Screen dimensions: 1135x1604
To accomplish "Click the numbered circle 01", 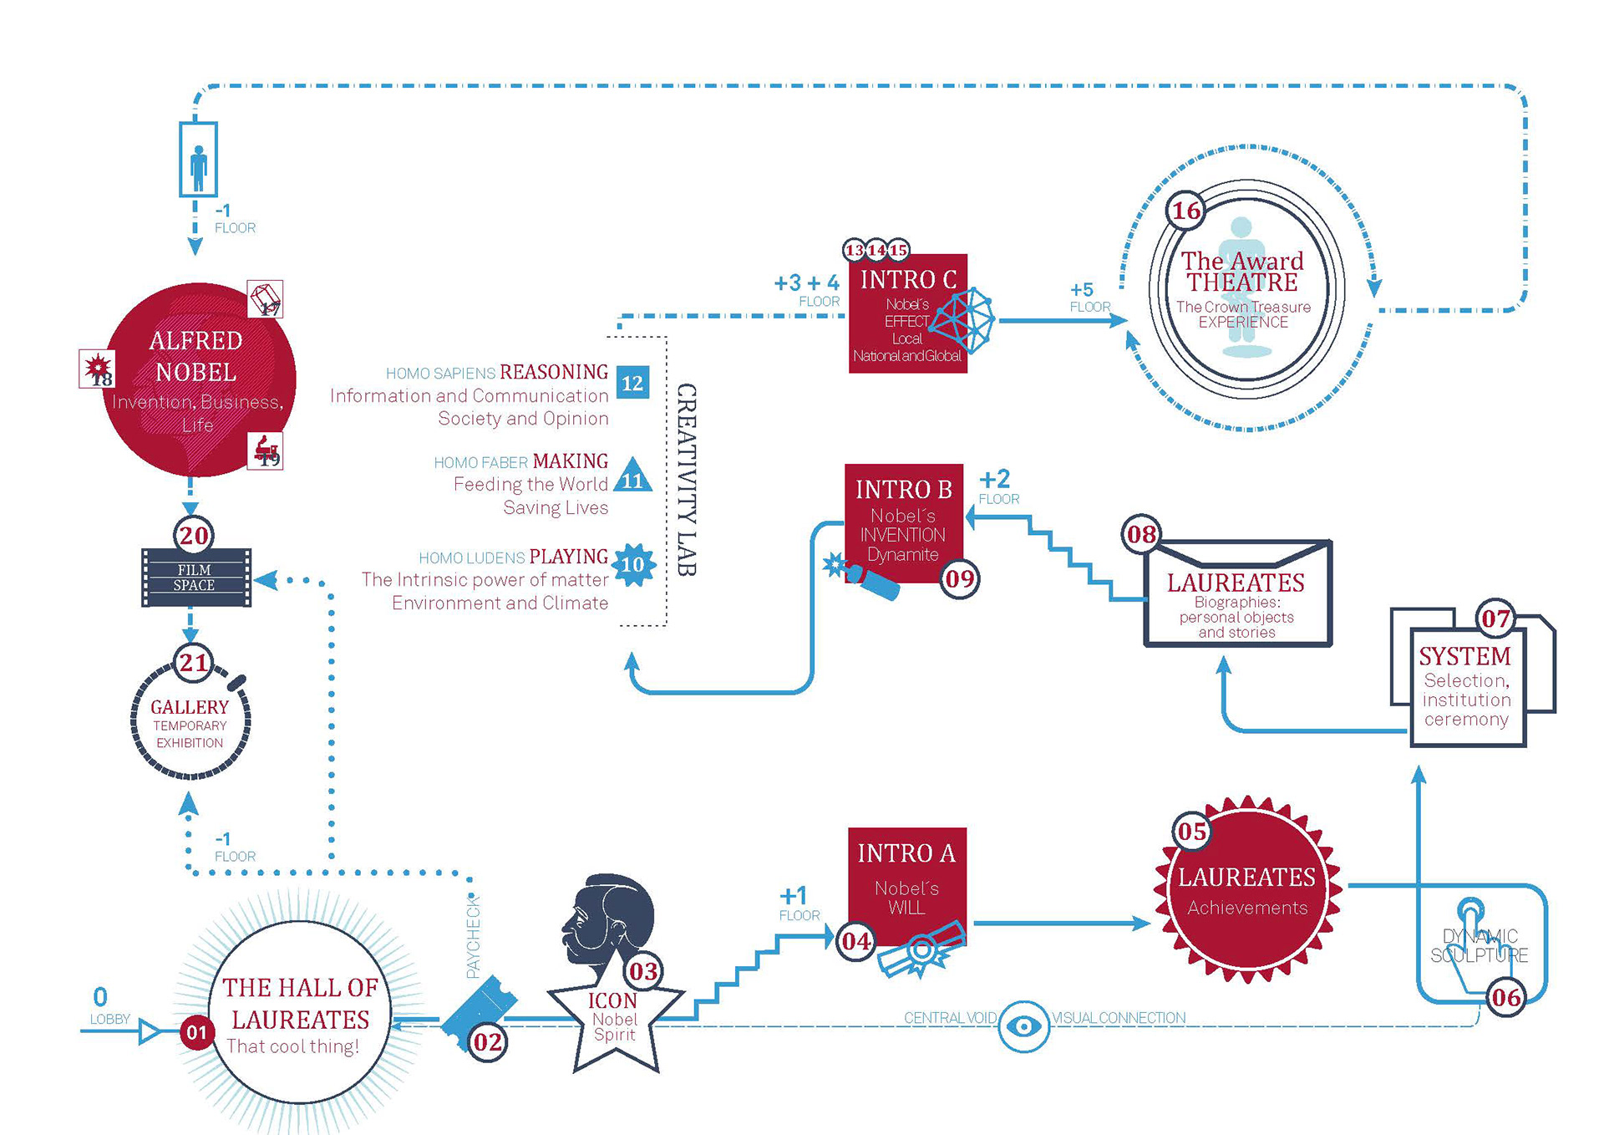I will (196, 1032).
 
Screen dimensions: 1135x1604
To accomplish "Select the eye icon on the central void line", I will (1023, 1026).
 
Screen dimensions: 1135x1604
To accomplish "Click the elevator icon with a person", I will (199, 160).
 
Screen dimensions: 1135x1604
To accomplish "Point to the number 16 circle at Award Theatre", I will (1186, 211).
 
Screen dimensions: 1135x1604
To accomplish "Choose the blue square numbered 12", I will (632, 383).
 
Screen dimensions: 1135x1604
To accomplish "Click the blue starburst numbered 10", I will (633, 565).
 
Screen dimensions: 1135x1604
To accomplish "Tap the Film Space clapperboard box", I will (195, 578).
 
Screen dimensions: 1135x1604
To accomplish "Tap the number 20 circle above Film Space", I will (194, 535).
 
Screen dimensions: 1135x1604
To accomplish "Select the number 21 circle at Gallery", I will (194, 663).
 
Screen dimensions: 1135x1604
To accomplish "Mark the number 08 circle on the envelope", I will (1142, 534).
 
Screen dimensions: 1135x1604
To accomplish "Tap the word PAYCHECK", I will (473, 937).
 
